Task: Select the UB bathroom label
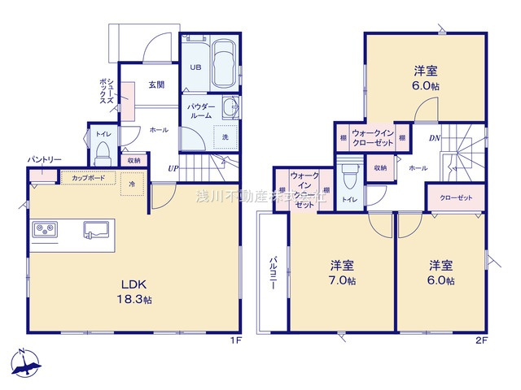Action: (196, 68)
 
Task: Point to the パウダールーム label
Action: (200, 111)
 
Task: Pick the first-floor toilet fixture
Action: (103, 153)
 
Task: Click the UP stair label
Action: (173, 169)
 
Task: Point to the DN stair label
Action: (435, 138)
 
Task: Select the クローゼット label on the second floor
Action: (456, 198)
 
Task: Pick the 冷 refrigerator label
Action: (131, 185)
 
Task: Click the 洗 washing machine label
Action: (225, 136)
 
